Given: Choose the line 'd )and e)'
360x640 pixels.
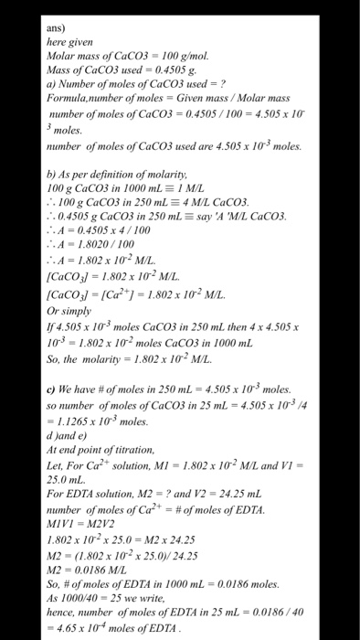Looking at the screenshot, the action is pyautogui.click(x=67, y=433).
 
